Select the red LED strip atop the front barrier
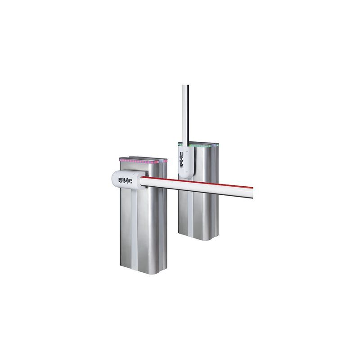click(x=142, y=160)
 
